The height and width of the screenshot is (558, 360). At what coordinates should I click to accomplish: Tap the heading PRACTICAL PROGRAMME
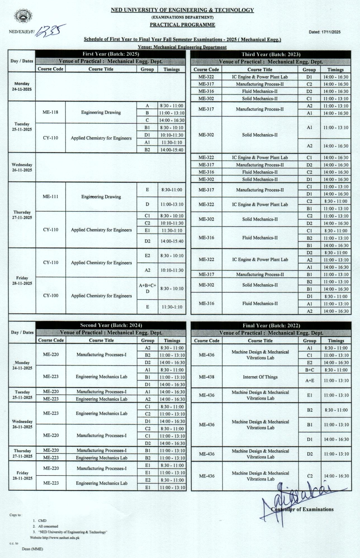[182, 25]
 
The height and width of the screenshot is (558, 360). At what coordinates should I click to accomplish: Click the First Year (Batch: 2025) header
[111, 54]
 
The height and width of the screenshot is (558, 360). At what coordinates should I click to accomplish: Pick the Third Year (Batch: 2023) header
[271, 55]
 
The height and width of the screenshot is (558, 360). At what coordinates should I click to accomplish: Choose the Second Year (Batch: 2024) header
[111, 325]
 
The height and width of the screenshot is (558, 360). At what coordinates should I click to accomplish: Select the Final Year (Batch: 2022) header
[271, 326]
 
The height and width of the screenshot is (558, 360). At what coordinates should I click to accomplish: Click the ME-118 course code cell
[51, 112]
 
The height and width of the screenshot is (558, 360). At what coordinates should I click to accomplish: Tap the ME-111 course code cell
[51, 197]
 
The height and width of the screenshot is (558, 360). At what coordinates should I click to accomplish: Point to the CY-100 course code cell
[51, 295]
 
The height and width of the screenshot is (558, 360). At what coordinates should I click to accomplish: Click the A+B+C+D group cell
[148, 288]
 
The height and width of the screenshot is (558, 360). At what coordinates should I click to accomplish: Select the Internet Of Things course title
[260, 377]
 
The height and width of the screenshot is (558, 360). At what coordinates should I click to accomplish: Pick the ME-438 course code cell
[207, 377]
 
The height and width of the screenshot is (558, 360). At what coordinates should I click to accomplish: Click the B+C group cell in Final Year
[310, 370]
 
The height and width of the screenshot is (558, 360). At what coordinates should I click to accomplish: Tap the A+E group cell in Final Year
[310, 381]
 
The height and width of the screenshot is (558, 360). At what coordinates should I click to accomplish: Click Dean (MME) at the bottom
[32, 549]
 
